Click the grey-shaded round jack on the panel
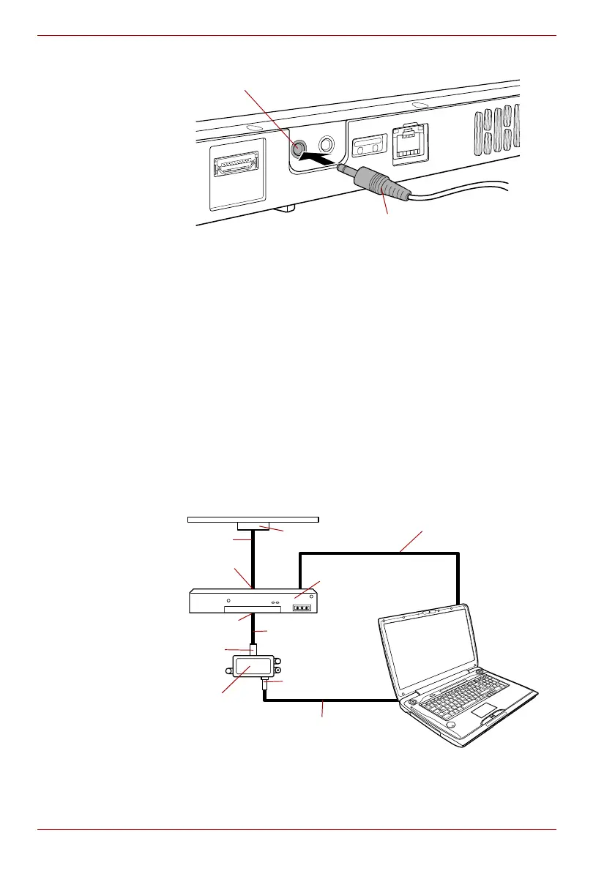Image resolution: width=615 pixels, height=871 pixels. click(x=298, y=148)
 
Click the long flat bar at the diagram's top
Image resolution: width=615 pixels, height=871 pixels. click(x=253, y=520)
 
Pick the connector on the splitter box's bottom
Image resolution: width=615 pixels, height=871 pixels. click(x=264, y=685)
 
